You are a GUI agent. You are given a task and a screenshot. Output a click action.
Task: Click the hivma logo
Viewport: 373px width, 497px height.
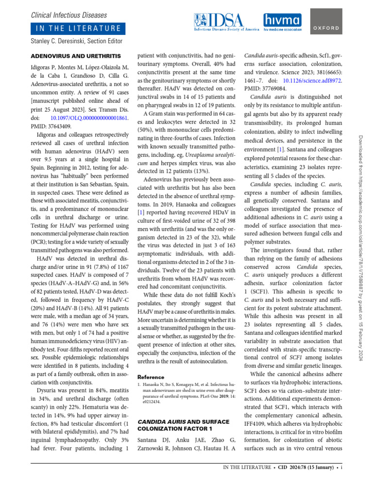[282, 22]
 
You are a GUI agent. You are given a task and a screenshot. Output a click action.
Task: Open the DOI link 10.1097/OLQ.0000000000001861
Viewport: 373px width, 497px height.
[89, 118]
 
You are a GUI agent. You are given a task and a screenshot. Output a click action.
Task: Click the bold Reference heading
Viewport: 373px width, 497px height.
[151, 377]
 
